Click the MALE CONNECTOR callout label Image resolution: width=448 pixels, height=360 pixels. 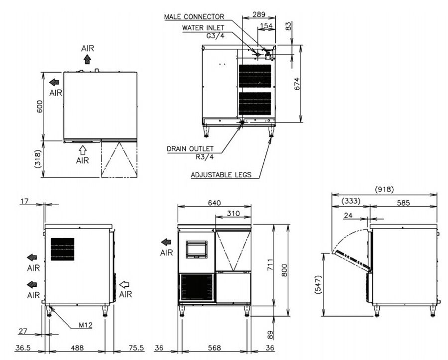click(x=194, y=16)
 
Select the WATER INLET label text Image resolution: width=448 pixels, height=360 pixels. click(x=203, y=28)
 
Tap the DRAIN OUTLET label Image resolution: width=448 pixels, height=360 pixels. click(x=190, y=149)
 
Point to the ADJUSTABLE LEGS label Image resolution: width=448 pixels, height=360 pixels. click(x=221, y=175)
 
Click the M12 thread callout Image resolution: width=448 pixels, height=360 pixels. click(x=86, y=325)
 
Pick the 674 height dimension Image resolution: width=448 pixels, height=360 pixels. click(x=297, y=84)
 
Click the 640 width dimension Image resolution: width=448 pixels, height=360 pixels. click(x=214, y=203)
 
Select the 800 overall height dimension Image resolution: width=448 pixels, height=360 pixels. click(x=285, y=270)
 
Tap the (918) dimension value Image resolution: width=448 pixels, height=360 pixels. click(x=384, y=189)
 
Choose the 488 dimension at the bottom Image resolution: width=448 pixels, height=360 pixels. click(x=77, y=348)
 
